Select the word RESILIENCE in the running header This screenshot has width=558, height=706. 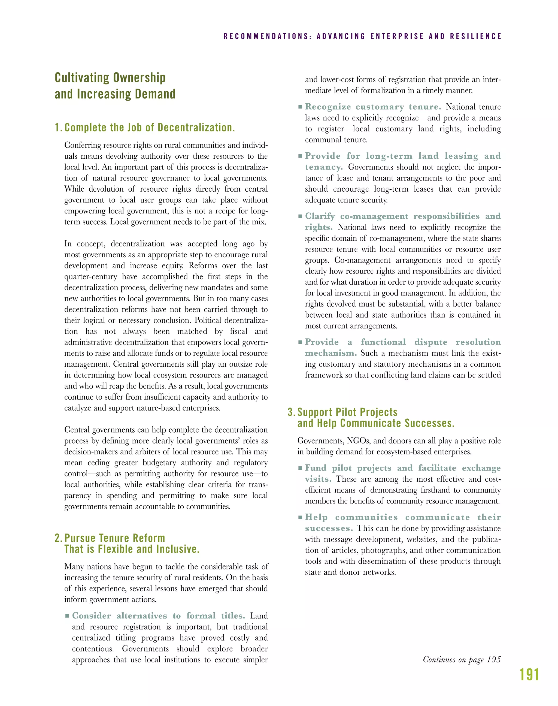475,36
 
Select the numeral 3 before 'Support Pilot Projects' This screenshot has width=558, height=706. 290,412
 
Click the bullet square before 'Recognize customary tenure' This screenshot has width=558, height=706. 300,107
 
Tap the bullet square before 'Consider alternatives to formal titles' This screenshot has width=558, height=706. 67,616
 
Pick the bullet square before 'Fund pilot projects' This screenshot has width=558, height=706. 300,468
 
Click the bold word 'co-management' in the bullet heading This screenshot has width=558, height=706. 374,216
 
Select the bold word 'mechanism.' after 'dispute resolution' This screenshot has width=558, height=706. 331,353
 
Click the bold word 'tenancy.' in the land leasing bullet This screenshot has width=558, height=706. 324,167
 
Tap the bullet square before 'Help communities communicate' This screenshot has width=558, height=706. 300,517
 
